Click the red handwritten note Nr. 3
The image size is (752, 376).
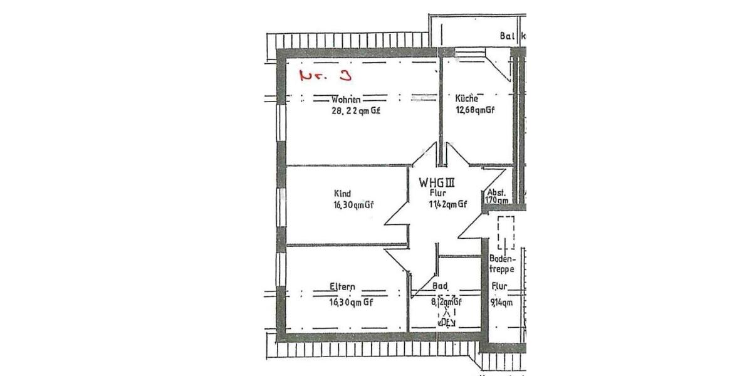pos(325,76)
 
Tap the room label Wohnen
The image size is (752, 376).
pos(346,100)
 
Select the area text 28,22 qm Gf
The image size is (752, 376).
pos(356,111)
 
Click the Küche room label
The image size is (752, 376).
pos(467,98)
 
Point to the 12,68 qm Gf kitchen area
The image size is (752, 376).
pos(475,111)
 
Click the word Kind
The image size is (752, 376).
pos(343,193)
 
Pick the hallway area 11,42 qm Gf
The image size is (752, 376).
pos(447,204)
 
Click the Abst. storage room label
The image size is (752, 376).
pos(496,192)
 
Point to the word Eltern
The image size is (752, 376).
pos(342,288)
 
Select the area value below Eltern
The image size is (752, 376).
pos(351,301)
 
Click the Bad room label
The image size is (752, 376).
pos(440,287)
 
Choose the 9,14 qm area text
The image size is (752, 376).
pos(501,302)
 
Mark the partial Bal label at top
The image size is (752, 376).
pos(506,36)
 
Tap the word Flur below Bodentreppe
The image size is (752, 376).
pos(499,287)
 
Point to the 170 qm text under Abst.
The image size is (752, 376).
pos(496,201)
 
